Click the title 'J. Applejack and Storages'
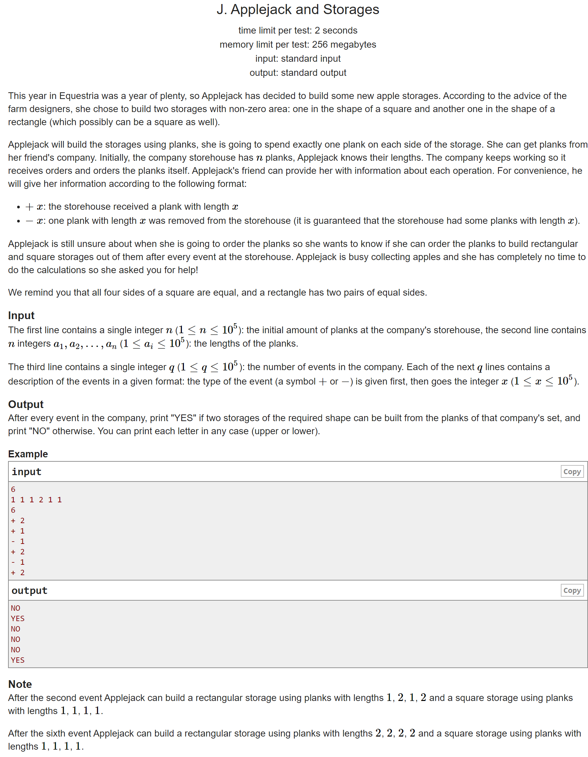tap(297, 10)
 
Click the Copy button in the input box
tap(571, 471)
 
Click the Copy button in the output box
tap(571, 590)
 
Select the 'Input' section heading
tap(21, 315)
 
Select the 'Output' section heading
tap(26, 404)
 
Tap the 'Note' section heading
tap(20, 684)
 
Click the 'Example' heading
tap(28, 454)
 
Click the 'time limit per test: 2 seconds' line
tap(297, 31)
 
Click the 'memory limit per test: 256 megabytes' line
tap(297, 45)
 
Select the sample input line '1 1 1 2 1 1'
tap(36, 500)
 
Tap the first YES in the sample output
tap(17, 618)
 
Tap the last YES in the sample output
tap(17, 660)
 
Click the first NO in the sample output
tap(15, 608)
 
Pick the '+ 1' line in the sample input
tap(17, 531)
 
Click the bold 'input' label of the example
tap(27, 472)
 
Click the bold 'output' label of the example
tap(29, 591)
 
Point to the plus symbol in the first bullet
tap(30, 207)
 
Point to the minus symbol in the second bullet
tap(30, 221)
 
